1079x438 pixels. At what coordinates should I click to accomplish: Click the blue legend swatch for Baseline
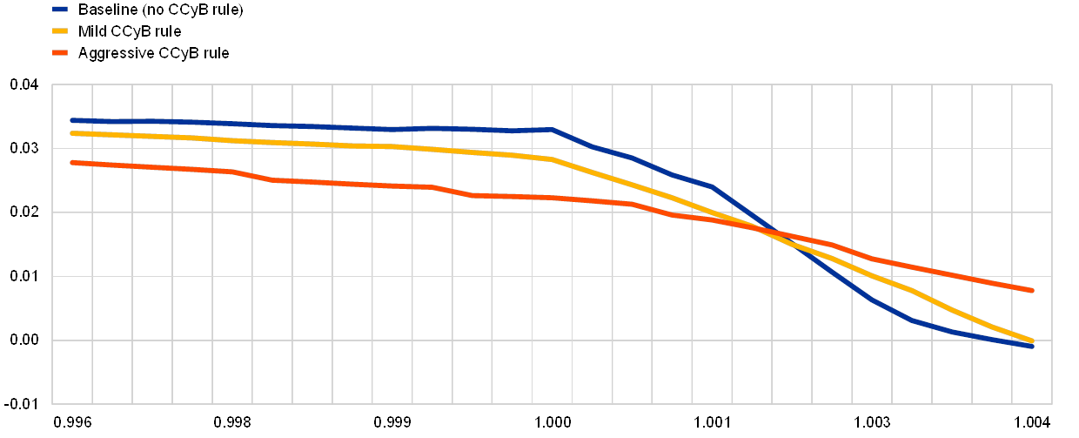[60, 10]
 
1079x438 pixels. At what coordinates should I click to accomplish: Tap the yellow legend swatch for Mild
[60, 31]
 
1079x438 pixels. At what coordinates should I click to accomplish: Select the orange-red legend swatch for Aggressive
[60, 53]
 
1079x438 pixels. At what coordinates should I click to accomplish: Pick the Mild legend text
[130, 31]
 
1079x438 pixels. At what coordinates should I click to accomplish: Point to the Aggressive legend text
[153, 53]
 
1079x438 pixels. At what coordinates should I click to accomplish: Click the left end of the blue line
[72, 120]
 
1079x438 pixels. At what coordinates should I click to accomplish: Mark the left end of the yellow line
[72, 133]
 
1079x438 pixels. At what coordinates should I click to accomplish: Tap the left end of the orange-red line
[72, 162]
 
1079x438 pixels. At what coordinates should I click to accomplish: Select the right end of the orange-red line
[1032, 290]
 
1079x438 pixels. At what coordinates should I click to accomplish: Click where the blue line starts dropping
[553, 130]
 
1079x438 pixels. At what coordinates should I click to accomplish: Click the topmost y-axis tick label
[23, 84]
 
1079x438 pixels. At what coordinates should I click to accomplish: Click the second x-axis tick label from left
[232, 421]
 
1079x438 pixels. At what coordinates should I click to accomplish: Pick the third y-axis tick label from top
[23, 212]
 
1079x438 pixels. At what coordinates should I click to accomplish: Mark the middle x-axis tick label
[553, 421]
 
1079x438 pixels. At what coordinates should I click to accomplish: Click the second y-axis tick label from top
[23, 148]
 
